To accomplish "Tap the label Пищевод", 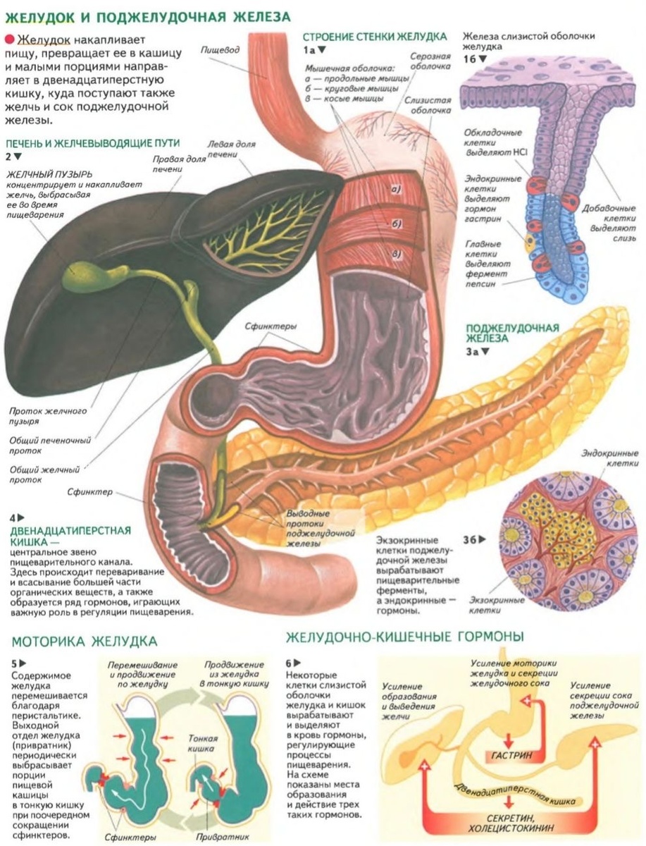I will coord(218,50).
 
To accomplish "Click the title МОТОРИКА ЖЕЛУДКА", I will coord(85,641).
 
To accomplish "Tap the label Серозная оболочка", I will coord(430,62).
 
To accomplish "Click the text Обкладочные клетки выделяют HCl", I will coord(494,142).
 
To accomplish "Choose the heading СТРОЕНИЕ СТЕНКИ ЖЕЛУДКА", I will coord(375,36).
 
